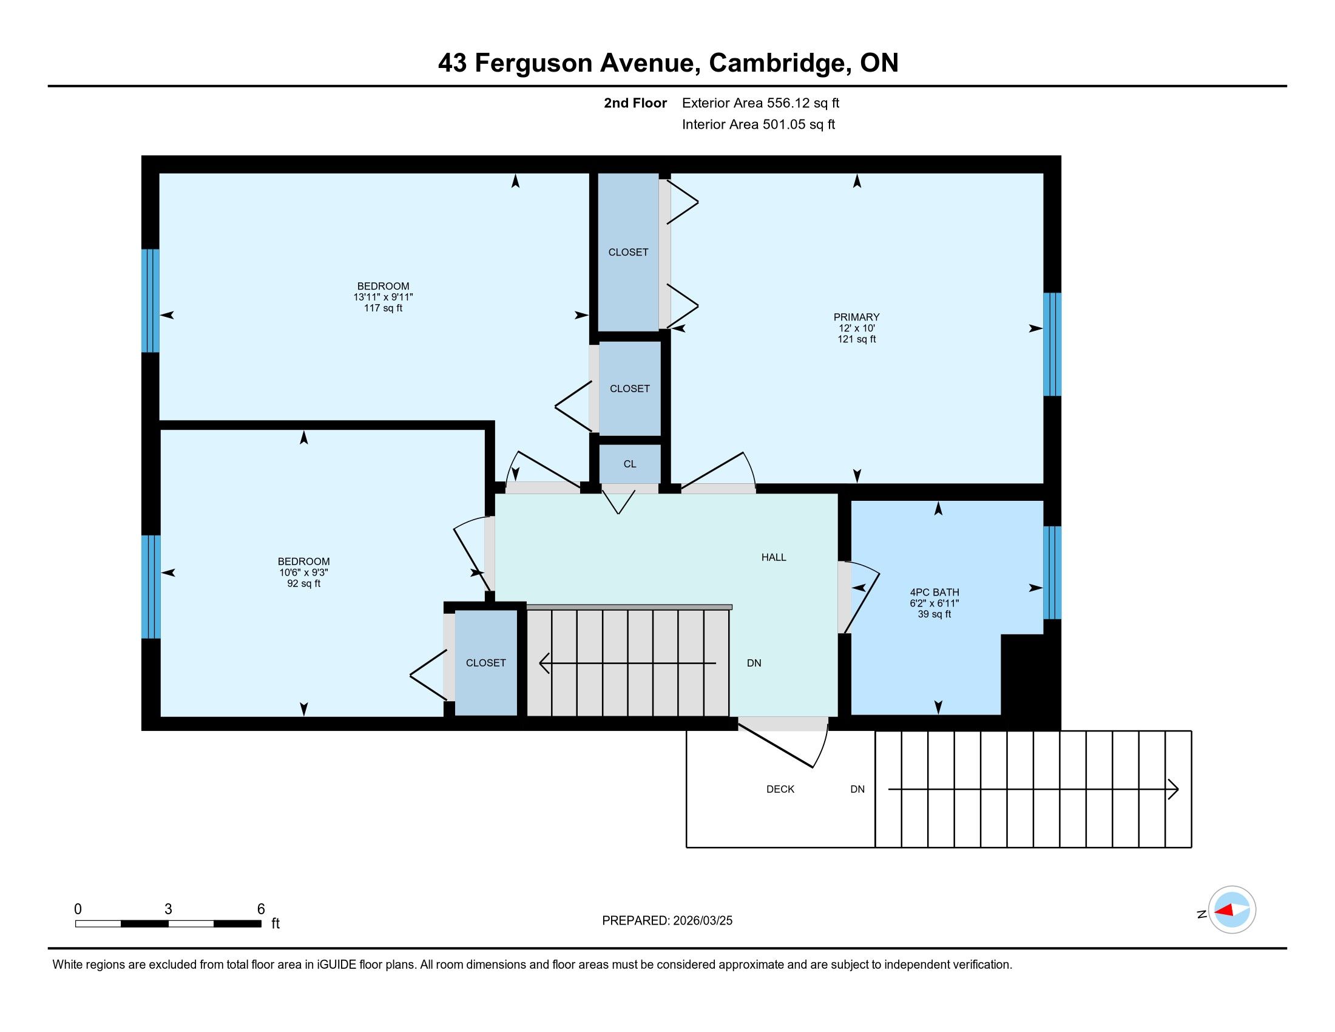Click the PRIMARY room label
tap(856, 317)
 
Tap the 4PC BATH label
tap(934, 592)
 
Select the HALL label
tap(773, 557)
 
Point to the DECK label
tap(780, 789)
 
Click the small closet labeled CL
tap(630, 464)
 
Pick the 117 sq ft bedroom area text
tap(384, 308)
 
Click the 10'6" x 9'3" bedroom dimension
tap(304, 572)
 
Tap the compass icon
tap(1232, 909)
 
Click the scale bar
tap(168, 924)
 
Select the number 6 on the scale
tap(261, 909)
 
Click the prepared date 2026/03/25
tap(702, 921)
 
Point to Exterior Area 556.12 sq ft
tap(760, 103)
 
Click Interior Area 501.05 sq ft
tap(758, 124)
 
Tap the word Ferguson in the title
tap(533, 63)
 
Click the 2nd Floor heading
tap(635, 103)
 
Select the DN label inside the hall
tap(754, 663)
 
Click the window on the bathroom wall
tap(1052, 572)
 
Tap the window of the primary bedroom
tap(1052, 344)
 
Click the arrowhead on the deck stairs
tap(1174, 789)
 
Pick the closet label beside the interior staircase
tap(486, 663)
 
